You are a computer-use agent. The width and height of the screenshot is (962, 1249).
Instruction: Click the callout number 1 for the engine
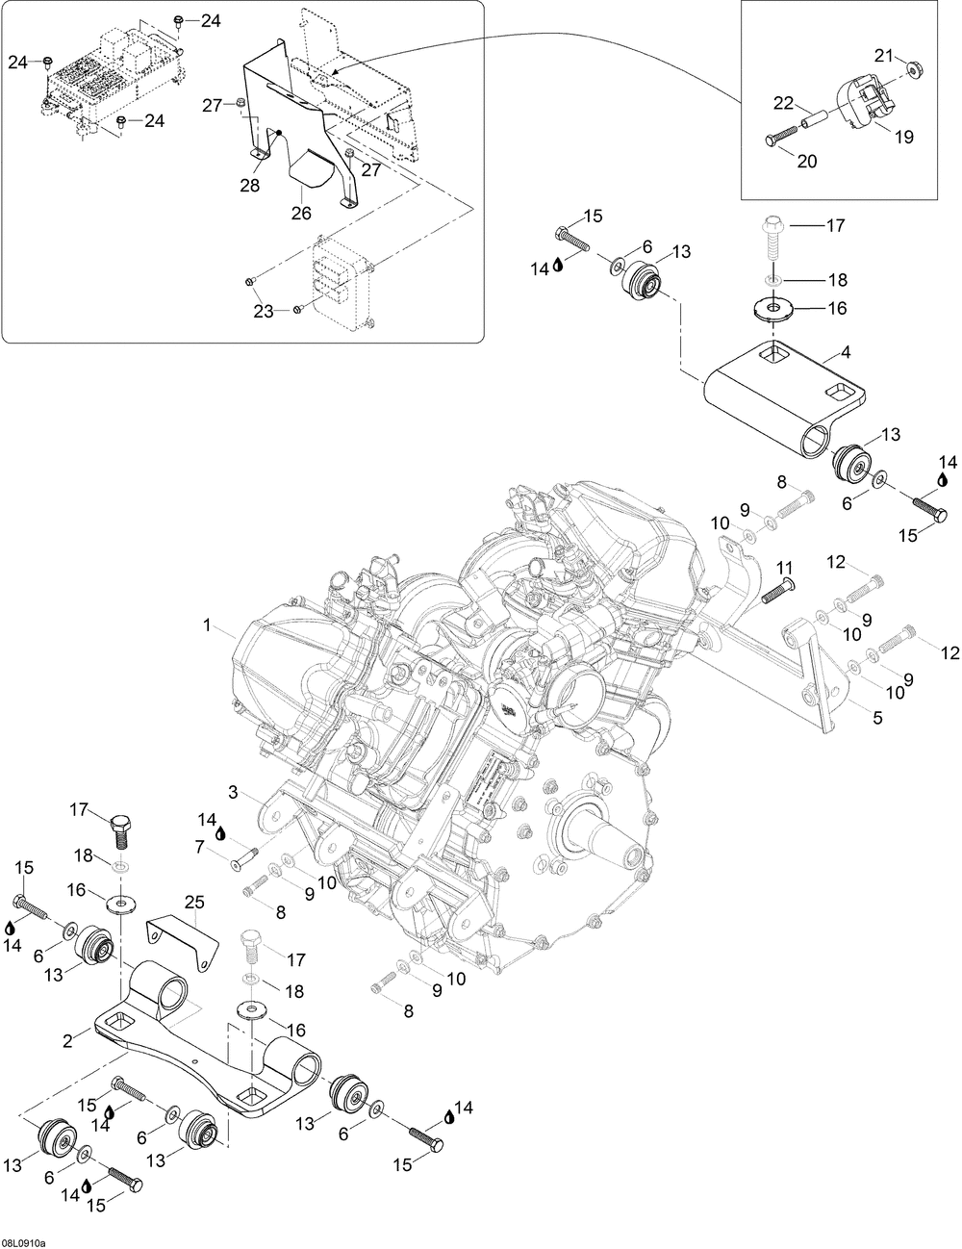pyautogui.click(x=208, y=624)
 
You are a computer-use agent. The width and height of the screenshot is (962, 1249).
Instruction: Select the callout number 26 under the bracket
pyautogui.click(x=301, y=214)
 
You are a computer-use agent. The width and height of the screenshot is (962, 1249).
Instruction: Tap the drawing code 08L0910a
pyautogui.click(x=23, y=1239)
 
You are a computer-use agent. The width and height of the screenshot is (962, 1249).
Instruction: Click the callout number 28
pyautogui.click(x=250, y=185)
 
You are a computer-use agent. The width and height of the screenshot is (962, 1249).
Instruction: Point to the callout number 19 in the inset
pyautogui.click(x=904, y=137)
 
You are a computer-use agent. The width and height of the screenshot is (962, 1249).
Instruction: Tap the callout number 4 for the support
pyautogui.click(x=845, y=352)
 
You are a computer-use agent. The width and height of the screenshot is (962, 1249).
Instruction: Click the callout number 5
pyautogui.click(x=877, y=717)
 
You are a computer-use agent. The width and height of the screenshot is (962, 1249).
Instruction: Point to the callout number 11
pyautogui.click(x=784, y=568)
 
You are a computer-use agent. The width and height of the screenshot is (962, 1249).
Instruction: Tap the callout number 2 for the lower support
pyautogui.click(x=67, y=1040)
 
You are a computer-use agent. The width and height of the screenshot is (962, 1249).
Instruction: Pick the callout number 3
pyautogui.click(x=233, y=793)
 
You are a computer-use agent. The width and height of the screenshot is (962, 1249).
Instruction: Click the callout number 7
pyautogui.click(x=199, y=846)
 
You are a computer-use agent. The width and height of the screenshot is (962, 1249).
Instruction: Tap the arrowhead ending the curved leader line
pyautogui.click(x=335, y=72)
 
